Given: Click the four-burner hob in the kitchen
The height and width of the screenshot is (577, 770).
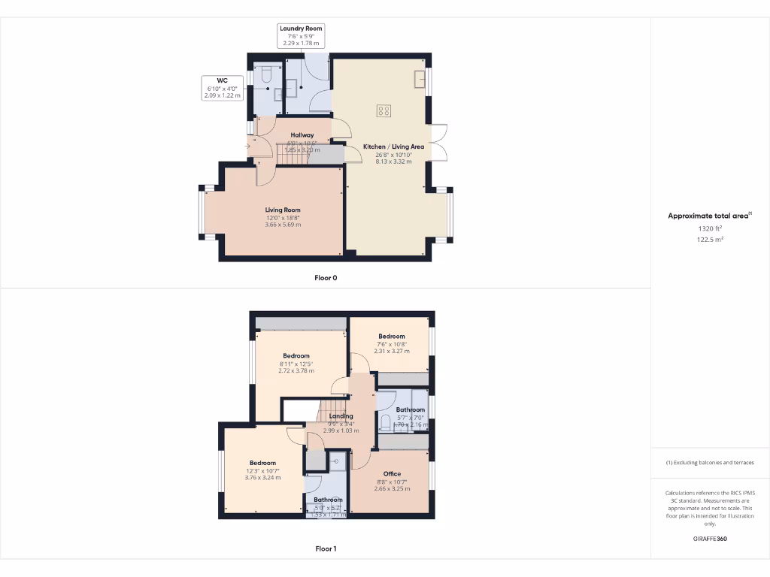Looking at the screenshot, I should click(383, 111).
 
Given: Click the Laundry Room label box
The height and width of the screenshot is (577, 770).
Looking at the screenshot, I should click(301, 35).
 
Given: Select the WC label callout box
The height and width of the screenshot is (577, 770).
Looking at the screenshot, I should click(222, 88).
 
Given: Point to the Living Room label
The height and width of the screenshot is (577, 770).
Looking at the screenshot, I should click(283, 210).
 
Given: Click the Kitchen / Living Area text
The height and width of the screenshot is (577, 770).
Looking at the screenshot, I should click(393, 147).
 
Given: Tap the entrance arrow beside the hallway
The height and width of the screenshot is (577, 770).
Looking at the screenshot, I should click(247, 147).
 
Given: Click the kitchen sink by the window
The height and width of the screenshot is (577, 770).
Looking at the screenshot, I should click(418, 78).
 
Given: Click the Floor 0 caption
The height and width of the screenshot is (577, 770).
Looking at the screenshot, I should click(326, 278).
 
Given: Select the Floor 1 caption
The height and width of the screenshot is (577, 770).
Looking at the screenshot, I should click(326, 548).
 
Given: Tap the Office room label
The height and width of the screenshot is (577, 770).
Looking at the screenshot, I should click(392, 474).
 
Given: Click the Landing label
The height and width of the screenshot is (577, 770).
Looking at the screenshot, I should click(341, 416).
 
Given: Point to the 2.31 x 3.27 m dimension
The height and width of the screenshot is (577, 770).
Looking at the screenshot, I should click(392, 351).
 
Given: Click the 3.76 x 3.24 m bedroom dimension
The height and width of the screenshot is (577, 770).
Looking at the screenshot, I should click(262, 477).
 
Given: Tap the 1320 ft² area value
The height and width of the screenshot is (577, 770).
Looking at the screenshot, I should click(710, 228).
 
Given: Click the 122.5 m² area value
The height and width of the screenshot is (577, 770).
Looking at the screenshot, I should click(710, 240).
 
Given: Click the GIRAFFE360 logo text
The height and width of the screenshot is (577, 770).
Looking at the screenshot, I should click(710, 539).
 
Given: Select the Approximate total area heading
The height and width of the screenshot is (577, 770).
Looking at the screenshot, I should click(708, 216).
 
